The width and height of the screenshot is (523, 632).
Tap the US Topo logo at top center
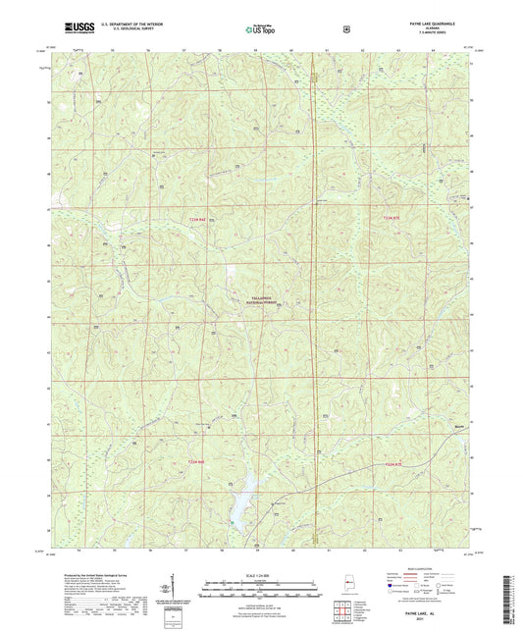pos(259,29)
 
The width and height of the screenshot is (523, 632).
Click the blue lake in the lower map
pos(241,504)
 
